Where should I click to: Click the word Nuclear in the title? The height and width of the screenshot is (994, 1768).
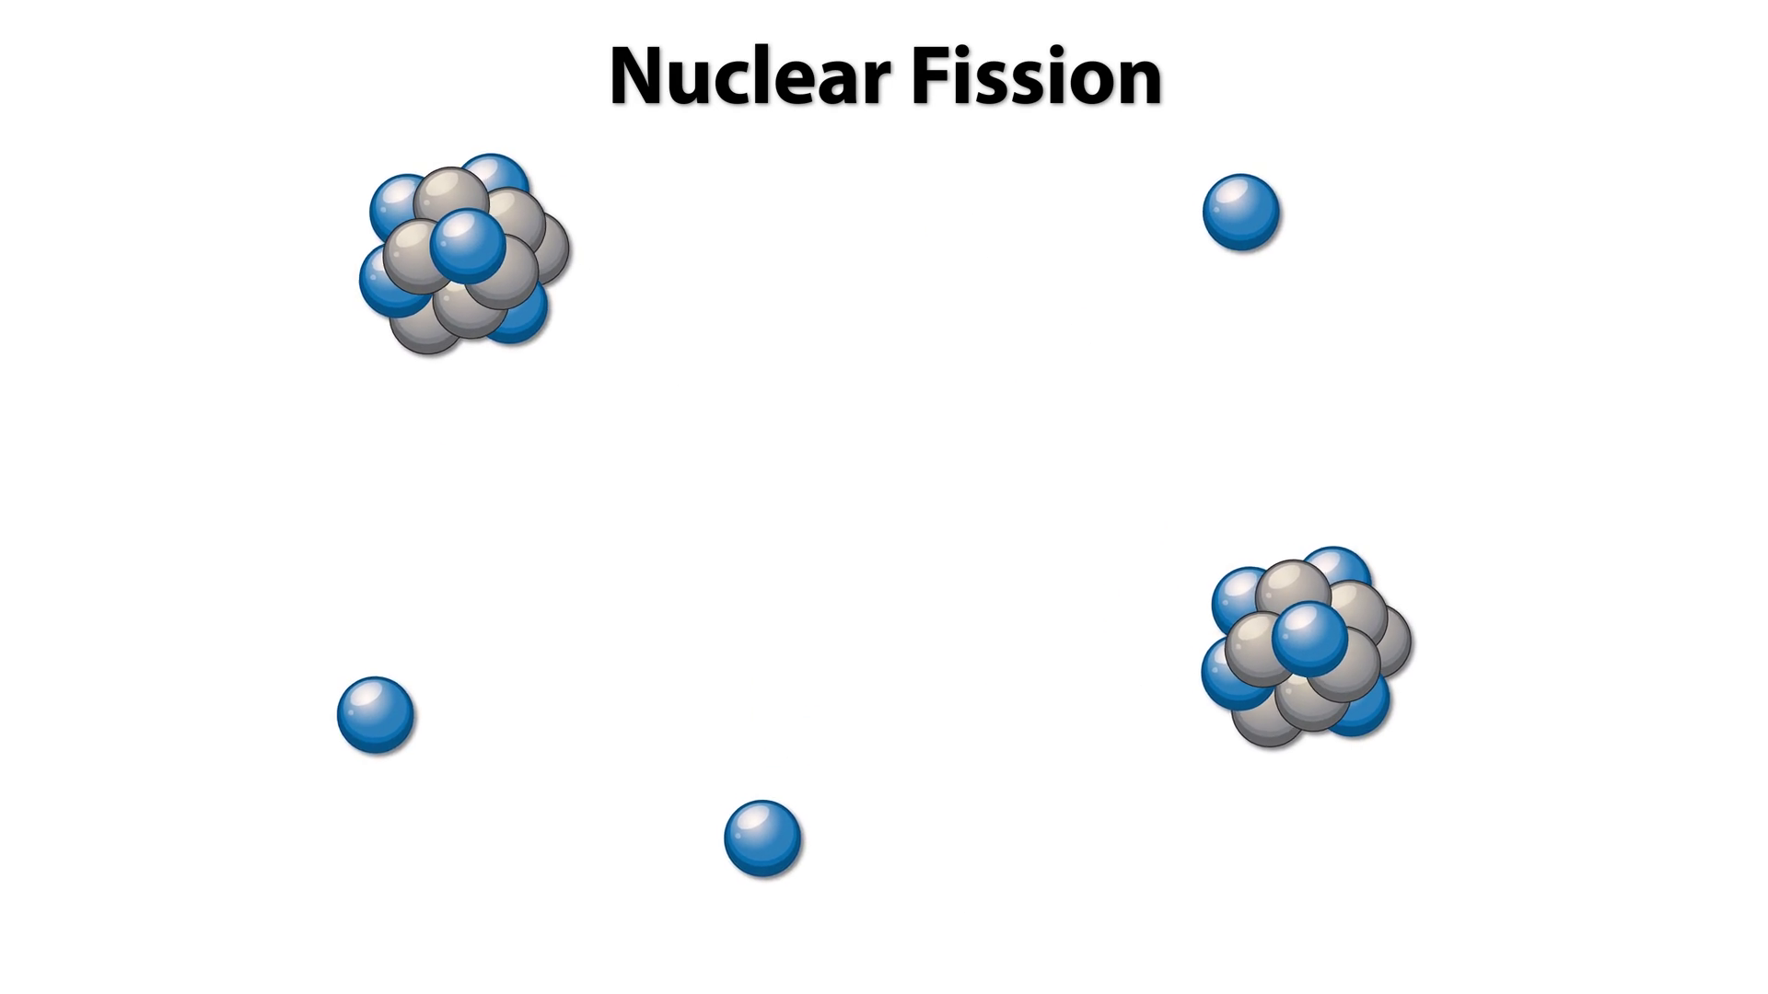pyautogui.click(x=748, y=77)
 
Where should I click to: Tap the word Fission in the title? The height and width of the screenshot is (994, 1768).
pyautogui.click(x=1036, y=77)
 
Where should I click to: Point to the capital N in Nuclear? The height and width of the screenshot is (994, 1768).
pyautogui.click(x=642, y=77)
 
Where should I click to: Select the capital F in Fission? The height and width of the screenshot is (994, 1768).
pyautogui.click(x=931, y=77)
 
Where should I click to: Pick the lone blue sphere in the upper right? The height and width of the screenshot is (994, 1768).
pyautogui.click(x=1240, y=213)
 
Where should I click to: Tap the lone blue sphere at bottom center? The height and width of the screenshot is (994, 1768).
pyautogui.click(x=762, y=838)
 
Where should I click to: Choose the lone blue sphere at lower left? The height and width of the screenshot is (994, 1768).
pyautogui.click(x=376, y=715)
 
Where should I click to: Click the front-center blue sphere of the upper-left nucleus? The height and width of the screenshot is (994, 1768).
pyautogui.click(x=468, y=246)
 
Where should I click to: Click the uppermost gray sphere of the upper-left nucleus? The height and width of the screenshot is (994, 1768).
pyautogui.click(x=449, y=196)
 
